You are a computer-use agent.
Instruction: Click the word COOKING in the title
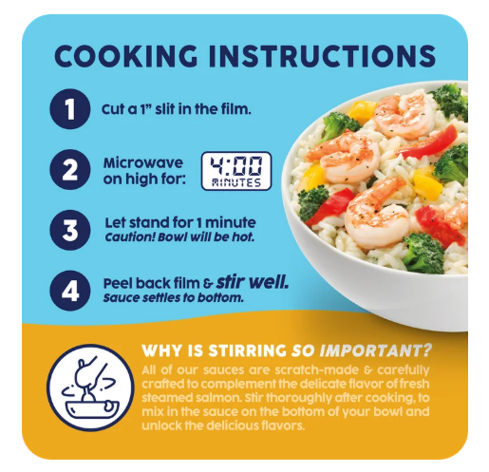click(x=126, y=56)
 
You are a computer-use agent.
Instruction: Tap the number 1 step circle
click(x=70, y=109)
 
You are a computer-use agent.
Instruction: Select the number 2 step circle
click(x=70, y=170)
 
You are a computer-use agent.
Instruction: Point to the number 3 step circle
click(x=70, y=230)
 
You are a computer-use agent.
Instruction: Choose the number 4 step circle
click(x=70, y=291)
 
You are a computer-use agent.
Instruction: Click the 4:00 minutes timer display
click(x=236, y=171)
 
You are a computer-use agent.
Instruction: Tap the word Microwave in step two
click(x=143, y=162)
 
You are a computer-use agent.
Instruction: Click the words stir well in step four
click(x=253, y=282)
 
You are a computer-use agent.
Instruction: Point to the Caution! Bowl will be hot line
click(x=179, y=237)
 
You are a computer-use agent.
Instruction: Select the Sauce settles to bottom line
click(x=174, y=298)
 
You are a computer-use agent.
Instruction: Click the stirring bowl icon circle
click(x=90, y=387)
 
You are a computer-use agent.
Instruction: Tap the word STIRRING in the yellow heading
click(x=247, y=350)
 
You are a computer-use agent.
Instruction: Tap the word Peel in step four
click(x=117, y=284)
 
